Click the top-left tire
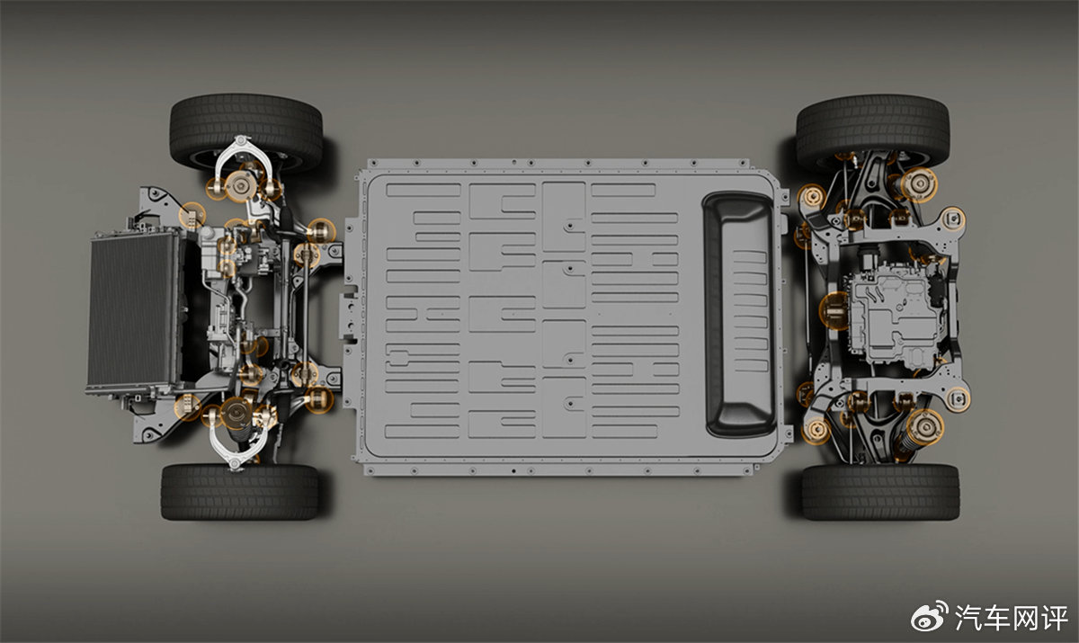tap(245, 130)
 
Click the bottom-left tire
tap(240, 491)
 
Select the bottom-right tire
tap(880, 491)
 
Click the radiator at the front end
tap(132, 310)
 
